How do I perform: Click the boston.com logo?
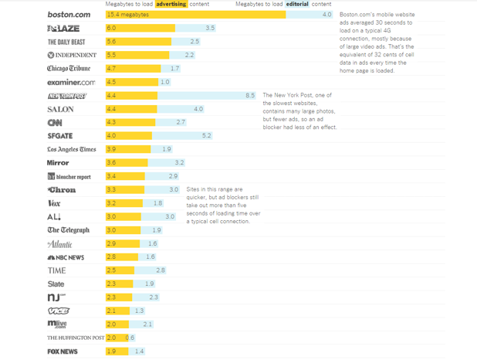[69, 15]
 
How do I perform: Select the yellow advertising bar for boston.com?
[195, 15]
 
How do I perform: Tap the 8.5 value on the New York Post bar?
[250, 95]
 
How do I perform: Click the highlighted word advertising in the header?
[171, 4]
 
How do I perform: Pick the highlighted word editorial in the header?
[297, 4]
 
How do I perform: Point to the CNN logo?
[55, 122]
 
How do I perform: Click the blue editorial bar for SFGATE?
[182, 135]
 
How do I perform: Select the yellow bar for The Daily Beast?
[138, 42]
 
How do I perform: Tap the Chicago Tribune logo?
[69, 68]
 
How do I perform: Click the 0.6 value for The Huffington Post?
[130, 338]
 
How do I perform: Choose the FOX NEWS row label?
[63, 352]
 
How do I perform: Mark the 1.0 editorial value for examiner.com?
[165, 82]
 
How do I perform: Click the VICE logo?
[59, 311]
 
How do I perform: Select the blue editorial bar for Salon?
[181, 109]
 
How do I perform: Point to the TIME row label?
[56, 270]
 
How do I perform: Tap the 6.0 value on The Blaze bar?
[111, 28]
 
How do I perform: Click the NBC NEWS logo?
[66, 257]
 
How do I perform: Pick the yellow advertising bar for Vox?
[124, 203]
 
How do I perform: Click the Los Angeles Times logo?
[72, 149]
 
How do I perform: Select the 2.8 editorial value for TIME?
[161, 270]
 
